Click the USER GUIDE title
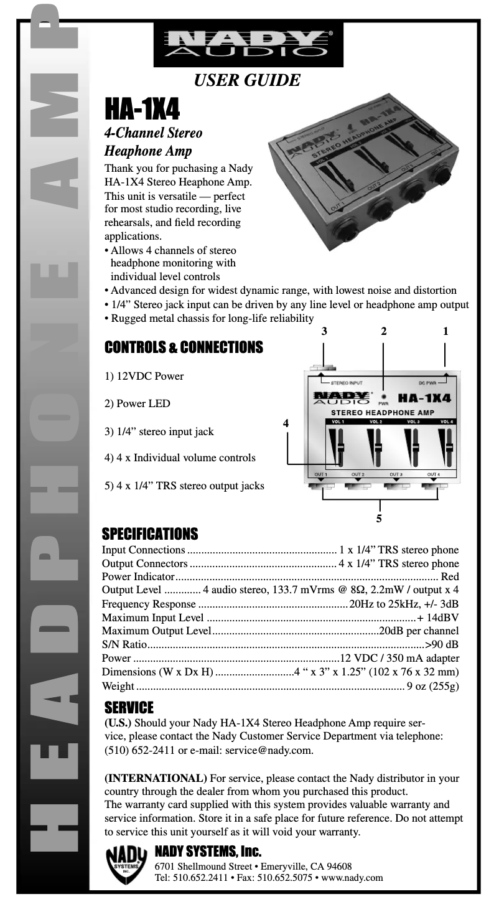click(x=248, y=80)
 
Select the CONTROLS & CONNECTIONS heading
click(x=183, y=347)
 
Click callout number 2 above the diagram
click(x=384, y=332)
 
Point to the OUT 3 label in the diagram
click(x=396, y=474)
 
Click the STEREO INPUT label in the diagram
click(x=347, y=383)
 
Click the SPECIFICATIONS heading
click(x=149, y=534)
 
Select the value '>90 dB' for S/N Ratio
click(x=442, y=644)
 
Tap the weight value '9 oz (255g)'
click(x=432, y=687)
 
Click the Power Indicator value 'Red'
click(x=450, y=576)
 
